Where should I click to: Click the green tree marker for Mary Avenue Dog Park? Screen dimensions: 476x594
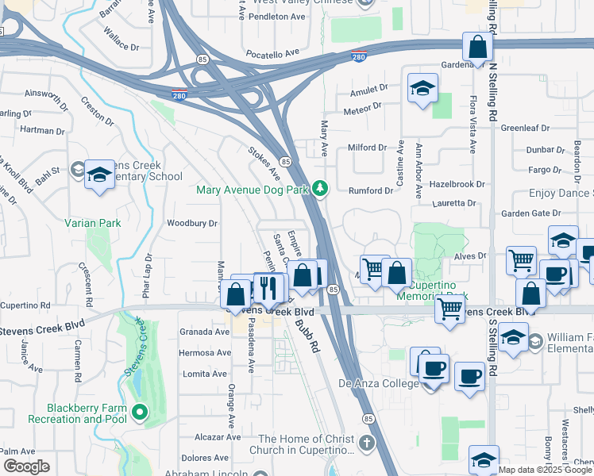(x=319, y=189)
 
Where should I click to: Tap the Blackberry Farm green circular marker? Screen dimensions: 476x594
(x=140, y=411)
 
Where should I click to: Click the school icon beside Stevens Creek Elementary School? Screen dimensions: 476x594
(x=100, y=175)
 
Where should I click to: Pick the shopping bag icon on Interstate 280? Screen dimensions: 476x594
(x=477, y=48)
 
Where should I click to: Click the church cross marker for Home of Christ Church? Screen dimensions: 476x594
(x=366, y=441)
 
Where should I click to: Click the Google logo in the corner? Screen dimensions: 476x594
(x=25, y=466)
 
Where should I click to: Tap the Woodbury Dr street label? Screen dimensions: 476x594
(x=191, y=223)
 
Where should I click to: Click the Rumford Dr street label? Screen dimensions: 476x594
(x=371, y=190)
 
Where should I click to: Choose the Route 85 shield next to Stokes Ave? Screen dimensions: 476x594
(x=284, y=161)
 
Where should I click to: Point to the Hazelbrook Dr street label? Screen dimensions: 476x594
(x=457, y=183)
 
